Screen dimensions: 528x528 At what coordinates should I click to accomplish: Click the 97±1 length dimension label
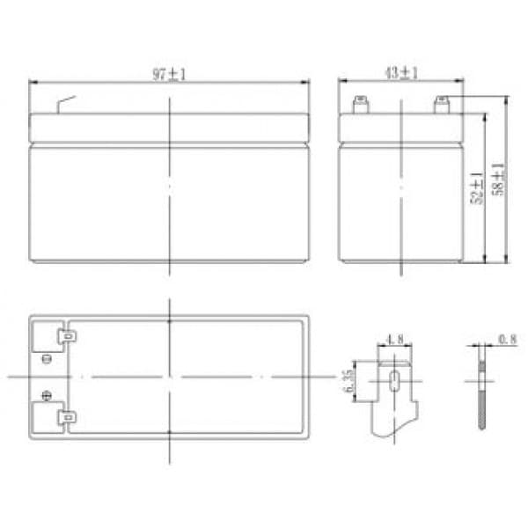coord(169,75)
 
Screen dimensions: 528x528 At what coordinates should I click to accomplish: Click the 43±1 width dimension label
coord(401,73)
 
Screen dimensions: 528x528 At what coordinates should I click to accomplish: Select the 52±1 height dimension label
coord(476,188)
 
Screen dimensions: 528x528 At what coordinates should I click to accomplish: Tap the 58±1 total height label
coord(498,180)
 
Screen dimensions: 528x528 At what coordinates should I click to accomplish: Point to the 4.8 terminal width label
coord(394,339)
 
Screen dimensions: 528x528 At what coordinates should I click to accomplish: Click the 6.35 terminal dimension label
coord(348,381)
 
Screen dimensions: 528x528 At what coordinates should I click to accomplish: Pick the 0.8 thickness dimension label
coord(508,340)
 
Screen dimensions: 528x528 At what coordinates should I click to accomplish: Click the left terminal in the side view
coord(361,105)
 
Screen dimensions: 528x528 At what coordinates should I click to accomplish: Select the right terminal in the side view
coord(442,105)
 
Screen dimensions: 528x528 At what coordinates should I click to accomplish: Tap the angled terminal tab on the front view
coord(66,105)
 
